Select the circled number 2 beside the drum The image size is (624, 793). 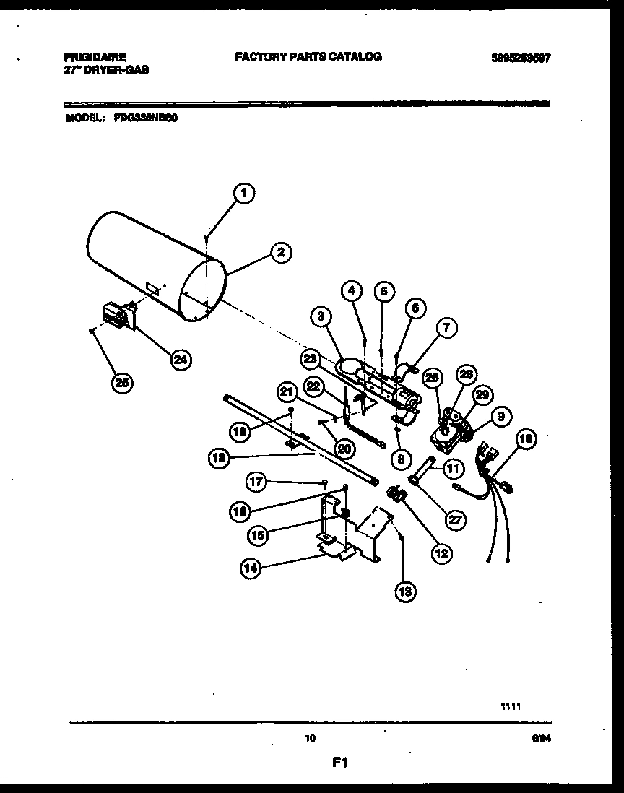tap(280, 252)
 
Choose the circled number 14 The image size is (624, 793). tap(249, 568)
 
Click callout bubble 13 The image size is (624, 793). tap(405, 591)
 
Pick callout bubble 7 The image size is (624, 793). tap(446, 327)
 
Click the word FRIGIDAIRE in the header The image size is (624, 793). tap(95, 56)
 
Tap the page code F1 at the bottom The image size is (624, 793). tap(340, 762)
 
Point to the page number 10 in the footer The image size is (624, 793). tap(311, 738)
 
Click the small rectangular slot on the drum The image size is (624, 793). tap(152, 287)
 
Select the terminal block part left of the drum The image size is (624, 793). tap(115, 316)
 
